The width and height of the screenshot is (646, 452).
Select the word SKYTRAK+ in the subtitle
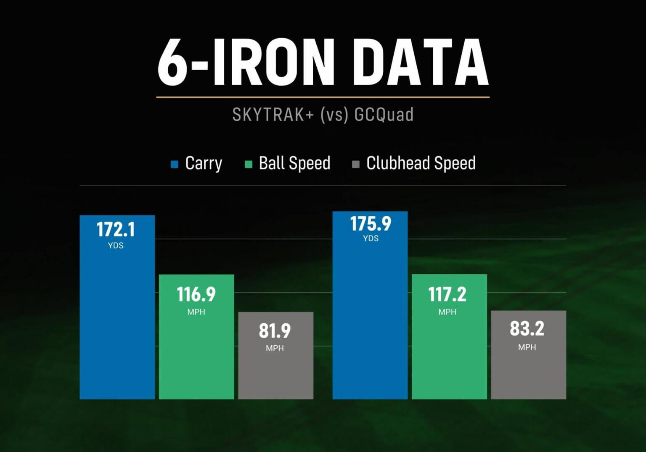pyautogui.click(x=273, y=114)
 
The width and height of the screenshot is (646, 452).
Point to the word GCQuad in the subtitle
pyautogui.click(x=384, y=114)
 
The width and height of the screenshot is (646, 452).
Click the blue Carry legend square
pyautogui.click(x=175, y=164)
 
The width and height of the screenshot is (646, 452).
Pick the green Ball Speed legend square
pyautogui.click(x=249, y=164)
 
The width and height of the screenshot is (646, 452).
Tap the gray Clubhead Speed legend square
pyautogui.click(x=356, y=164)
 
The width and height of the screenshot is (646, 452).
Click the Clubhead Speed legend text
pyautogui.click(x=421, y=163)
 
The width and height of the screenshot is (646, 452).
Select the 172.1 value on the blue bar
pyautogui.click(x=116, y=230)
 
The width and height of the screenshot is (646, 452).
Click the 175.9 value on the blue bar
pyautogui.click(x=371, y=224)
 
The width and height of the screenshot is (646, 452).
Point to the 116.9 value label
pyautogui.click(x=196, y=294)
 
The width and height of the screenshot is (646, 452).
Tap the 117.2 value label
pyautogui.click(x=447, y=294)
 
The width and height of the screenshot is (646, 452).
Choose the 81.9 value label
pyautogui.click(x=275, y=331)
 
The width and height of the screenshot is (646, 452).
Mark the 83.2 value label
pyautogui.click(x=527, y=329)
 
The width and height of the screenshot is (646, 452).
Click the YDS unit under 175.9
pyautogui.click(x=371, y=238)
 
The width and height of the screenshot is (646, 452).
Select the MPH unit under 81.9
pyautogui.click(x=275, y=348)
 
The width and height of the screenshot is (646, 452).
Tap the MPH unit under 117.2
pyautogui.click(x=447, y=312)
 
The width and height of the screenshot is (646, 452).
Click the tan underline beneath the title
pyautogui.click(x=323, y=97)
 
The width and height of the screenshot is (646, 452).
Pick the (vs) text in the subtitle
pyautogui.click(x=334, y=114)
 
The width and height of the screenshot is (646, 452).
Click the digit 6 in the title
pyautogui.click(x=172, y=62)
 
